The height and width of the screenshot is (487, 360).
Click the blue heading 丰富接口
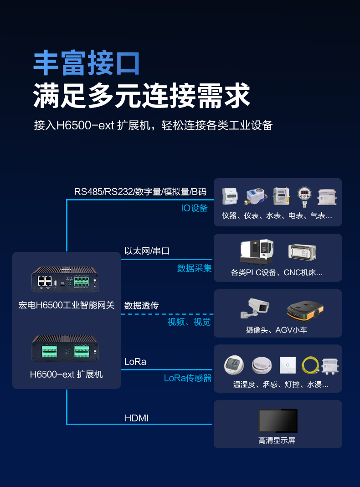click(86, 63)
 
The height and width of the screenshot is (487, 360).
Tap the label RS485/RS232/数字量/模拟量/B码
click(140, 191)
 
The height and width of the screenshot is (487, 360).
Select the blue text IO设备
click(194, 208)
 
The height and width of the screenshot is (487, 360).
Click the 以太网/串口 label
click(147, 251)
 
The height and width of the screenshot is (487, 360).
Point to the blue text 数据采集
click(194, 268)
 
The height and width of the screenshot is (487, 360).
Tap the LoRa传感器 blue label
click(188, 378)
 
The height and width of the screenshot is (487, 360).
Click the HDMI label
click(136, 418)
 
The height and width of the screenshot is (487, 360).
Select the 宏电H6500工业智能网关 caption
click(67, 305)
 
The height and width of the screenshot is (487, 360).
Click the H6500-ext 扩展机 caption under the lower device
click(67, 374)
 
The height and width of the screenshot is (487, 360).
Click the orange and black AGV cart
click(305, 310)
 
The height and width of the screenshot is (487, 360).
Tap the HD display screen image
click(278, 420)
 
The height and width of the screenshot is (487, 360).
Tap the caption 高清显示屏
click(277, 441)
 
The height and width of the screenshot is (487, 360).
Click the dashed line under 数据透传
click(167, 314)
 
